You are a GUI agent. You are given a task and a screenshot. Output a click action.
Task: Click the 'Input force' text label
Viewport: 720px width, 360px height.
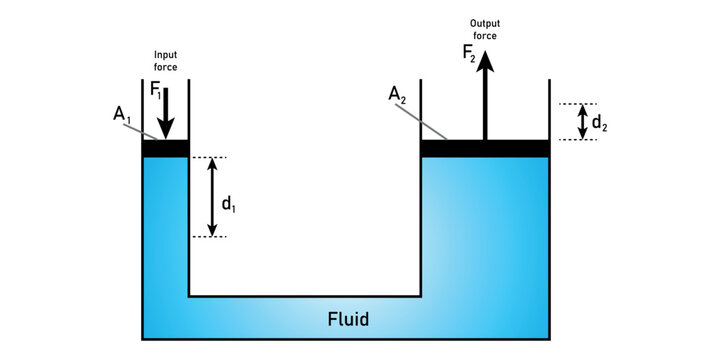pos(166,61)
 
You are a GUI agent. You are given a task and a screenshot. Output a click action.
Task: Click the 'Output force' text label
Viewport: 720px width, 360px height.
pos(485,28)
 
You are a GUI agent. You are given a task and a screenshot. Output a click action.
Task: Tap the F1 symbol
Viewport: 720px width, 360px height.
pos(155,90)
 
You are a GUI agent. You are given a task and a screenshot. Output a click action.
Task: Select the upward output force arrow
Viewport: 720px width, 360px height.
pos(485,100)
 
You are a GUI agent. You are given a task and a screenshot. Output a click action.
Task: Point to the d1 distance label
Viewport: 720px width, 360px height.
pos(228,204)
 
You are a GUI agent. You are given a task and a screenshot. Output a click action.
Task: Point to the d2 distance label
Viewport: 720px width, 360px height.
pos(598,123)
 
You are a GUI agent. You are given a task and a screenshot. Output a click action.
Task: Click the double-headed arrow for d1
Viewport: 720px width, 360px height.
pos(212,197)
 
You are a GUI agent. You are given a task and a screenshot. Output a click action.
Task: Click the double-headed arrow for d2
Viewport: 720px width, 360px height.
pos(582,121)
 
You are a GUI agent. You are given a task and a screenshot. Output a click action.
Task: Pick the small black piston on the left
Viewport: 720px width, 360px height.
pos(166,149)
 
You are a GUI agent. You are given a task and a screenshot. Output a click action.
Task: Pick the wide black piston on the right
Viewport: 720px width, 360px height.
pos(485,148)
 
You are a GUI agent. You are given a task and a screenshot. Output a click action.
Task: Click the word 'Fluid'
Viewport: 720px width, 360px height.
pos(349,320)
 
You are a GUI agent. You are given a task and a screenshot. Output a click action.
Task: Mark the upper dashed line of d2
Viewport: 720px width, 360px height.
pos(578,103)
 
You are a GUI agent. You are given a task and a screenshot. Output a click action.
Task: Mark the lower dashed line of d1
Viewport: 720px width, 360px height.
pos(209,237)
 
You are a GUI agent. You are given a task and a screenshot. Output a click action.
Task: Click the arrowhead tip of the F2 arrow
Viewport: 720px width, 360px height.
pos(485,52)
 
